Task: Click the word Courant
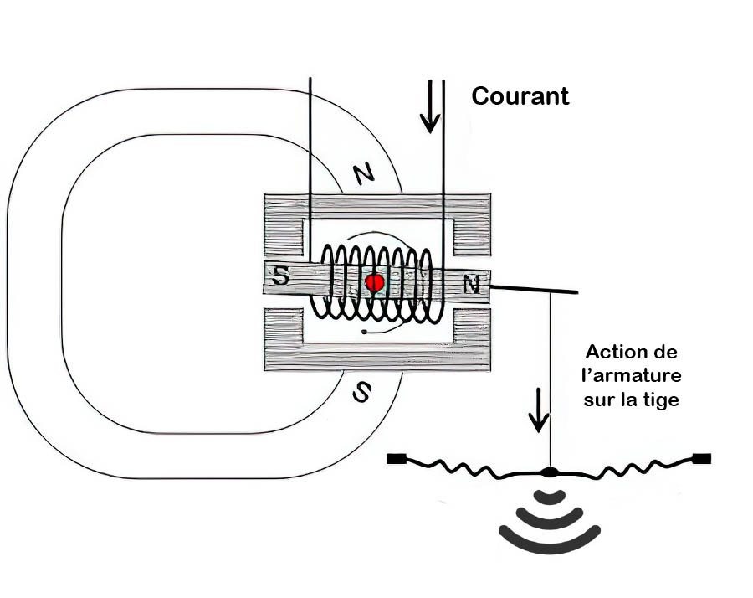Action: click(x=520, y=96)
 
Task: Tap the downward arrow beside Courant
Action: click(x=430, y=107)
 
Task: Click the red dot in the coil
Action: click(x=375, y=282)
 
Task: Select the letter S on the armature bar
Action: click(x=282, y=277)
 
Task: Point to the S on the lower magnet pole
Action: click(x=361, y=392)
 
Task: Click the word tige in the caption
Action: click(x=663, y=400)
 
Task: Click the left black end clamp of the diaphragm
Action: click(x=397, y=459)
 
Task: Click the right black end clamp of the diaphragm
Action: click(x=702, y=458)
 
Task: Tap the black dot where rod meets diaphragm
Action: click(x=550, y=472)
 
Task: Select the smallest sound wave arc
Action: click(x=550, y=497)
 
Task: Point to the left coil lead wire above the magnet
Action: click(x=310, y=134)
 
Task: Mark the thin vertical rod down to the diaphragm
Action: click(x=550, y=377)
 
